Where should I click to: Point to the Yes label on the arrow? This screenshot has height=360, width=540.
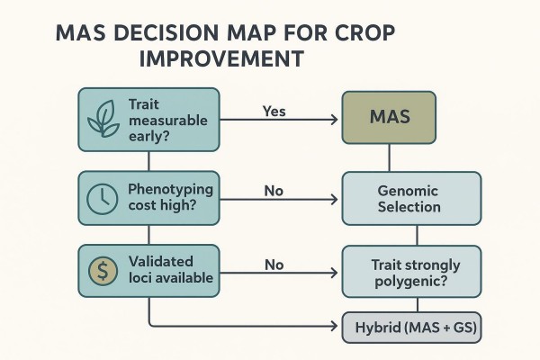coord(274,112)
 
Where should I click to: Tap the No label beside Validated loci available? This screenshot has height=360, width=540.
coord(274,265)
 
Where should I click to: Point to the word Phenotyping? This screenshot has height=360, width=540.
coord(171,189)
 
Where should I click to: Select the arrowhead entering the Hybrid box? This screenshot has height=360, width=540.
coord(339,326)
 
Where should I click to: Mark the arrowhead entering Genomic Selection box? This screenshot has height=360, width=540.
coord(338,199)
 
